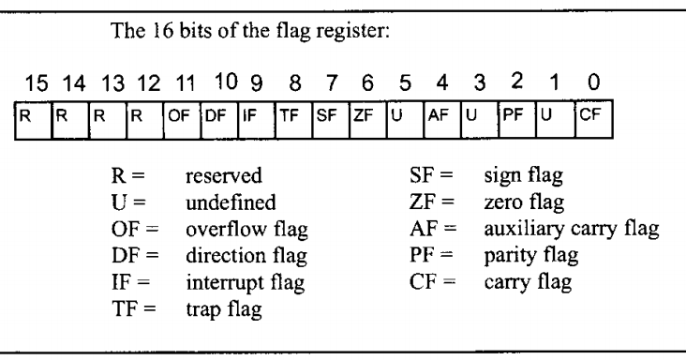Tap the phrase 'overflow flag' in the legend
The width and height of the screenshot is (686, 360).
click(x=234, y=225)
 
